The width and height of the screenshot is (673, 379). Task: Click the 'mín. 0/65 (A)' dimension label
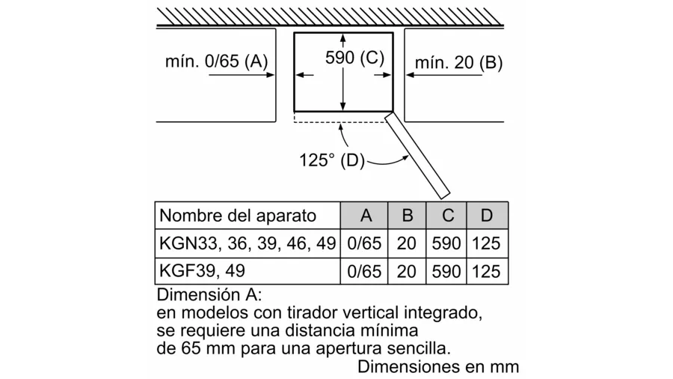click(x=216, y=61)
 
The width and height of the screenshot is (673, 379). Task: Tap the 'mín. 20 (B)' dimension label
click(x=458, y=63)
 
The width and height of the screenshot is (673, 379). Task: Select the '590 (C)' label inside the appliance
click(x=354, y=58)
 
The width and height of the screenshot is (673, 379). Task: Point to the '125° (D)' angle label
click(x=332, y=160)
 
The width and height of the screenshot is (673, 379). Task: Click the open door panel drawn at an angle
click(x=417, y=156)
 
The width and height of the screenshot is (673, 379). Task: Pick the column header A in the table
click(x=366, y=215)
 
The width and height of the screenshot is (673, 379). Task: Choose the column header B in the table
click(x=407, y=215)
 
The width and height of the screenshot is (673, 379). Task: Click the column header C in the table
click(x=448, y=215)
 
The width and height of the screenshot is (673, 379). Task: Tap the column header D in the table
click(x=487, y=215)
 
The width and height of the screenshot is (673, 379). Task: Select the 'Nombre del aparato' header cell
click(x=238, y=215)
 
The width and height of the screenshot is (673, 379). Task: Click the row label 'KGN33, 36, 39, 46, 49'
click(x=248, y=243)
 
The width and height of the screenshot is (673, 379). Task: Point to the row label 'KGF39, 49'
click(x=202, y=270)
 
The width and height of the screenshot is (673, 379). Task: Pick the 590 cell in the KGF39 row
click(x=446, y=272)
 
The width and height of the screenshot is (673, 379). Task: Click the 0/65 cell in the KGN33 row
click(x=364, y=243)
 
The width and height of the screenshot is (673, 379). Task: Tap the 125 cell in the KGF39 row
click(x=486, y=272)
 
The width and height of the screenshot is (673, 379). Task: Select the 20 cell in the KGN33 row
click(x=406, y=243)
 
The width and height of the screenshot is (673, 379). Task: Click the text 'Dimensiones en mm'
click(x=438, y=367)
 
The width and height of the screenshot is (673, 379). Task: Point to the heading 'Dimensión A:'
click(x=209, y=295)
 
